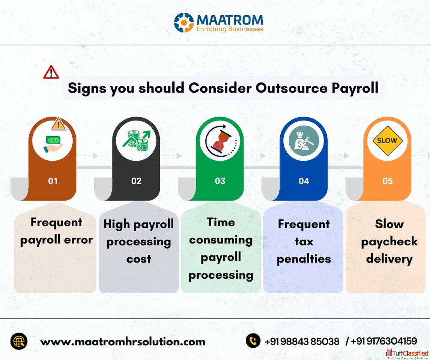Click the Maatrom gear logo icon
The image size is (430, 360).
click(184, 22)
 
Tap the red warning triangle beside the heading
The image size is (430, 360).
click(51, 72)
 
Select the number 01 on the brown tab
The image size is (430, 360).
click(53, 181)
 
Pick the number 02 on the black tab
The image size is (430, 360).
click(136, 181)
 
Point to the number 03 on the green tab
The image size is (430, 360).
click(220, 181)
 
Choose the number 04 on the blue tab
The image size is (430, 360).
click(304, 181)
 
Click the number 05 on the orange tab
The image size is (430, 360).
click(388, 181)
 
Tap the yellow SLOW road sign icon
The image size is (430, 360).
click(388, 141)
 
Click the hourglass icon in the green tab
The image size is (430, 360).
click(221, 141)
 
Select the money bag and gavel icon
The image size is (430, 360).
click(304, 141)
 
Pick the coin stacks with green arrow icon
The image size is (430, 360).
click(137, 141)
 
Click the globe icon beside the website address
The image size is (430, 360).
click(19, 341)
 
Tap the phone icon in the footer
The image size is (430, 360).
click(253, 341)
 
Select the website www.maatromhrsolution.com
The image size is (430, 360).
click(123, 342)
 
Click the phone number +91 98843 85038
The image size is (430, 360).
click(302, 341)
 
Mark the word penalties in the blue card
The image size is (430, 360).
click(304, 259)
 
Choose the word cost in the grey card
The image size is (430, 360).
click(139, 259)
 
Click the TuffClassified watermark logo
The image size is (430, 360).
click(407, 353)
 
